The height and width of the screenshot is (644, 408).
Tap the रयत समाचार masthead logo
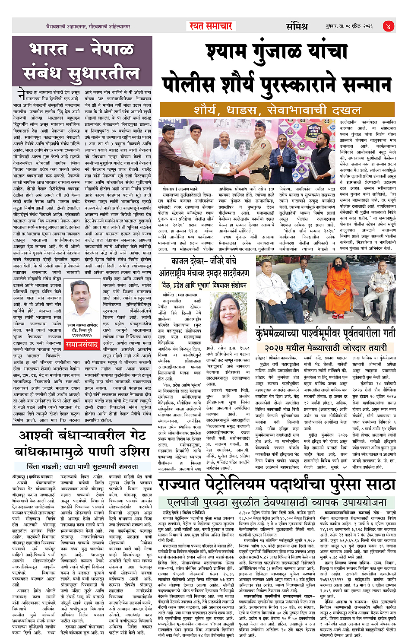click(x=211, y=26)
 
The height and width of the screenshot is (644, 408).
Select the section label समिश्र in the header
click(x=297, y=26)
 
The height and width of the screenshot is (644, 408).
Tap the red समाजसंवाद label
click(x=82, y=344)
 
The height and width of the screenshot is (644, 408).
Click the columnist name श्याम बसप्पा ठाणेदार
click(x=82, y=325)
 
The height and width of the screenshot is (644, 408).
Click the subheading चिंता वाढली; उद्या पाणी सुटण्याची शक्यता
click(x=82, y=466)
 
